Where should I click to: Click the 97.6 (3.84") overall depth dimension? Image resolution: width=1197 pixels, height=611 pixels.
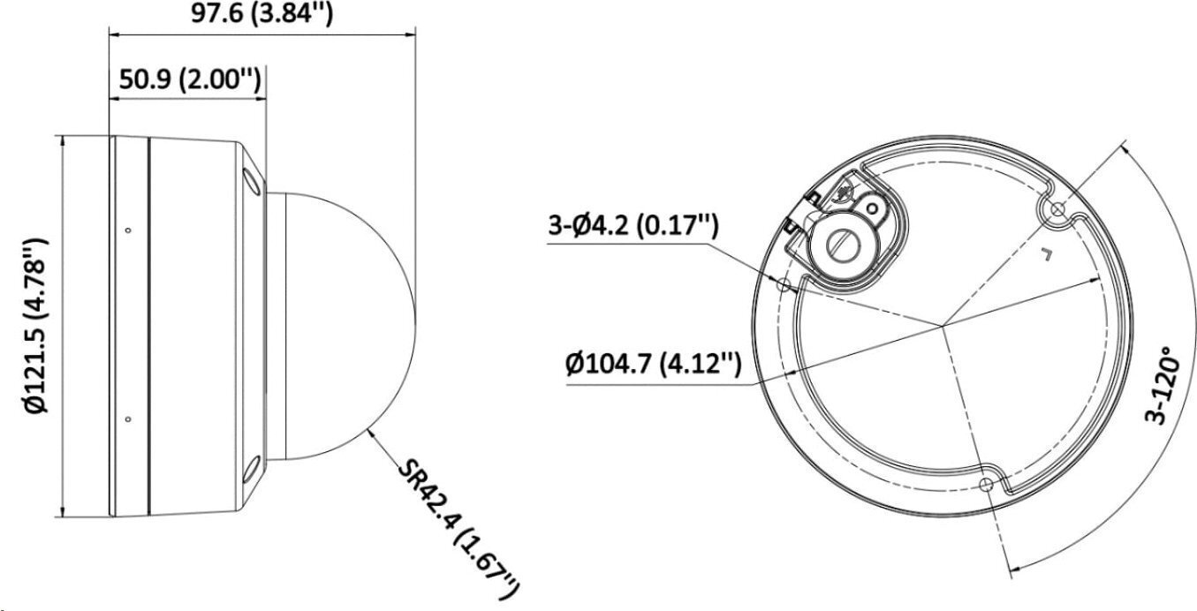tap(261, 13)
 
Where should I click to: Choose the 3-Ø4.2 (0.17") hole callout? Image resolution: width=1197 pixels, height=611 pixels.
tap(632, 226)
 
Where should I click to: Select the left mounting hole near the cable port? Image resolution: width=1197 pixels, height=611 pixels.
tap(784, 284)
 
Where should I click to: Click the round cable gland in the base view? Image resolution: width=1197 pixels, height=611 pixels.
tap(842, 238)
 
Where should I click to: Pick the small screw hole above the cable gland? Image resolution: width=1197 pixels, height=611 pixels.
tap(874, 207)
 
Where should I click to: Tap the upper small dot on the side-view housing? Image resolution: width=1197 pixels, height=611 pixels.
tap(128, 231)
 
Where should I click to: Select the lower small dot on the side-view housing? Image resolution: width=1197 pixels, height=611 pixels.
tap(128, 419)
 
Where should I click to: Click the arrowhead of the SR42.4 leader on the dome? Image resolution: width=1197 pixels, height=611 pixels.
tap(370, 430)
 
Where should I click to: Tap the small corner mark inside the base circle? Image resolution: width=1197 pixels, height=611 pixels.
tap(1048, 256)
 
